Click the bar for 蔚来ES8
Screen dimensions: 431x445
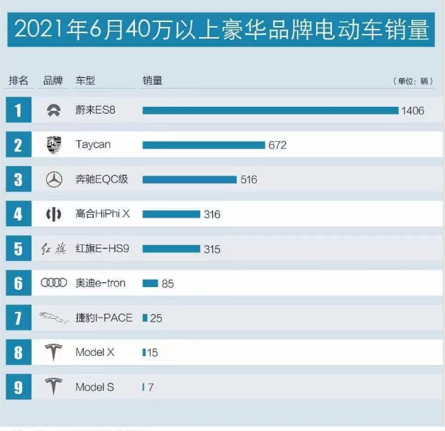(270, 110)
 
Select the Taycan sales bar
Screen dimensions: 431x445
(204, 145)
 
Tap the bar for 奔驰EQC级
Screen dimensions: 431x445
(189, 180)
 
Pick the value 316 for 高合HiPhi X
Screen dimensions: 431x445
(212, 215)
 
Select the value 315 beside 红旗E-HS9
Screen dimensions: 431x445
(212, 249)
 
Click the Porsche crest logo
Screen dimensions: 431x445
(53, 145)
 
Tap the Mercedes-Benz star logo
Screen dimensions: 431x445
(53, 180)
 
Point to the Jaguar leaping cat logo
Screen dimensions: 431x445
(54, 318)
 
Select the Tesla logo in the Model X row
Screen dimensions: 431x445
(53, 353)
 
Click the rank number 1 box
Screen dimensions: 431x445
(19, 110)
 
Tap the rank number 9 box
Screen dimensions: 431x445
(19, 387)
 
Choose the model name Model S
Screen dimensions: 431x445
(94, 387)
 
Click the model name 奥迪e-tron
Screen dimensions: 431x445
(101, 284)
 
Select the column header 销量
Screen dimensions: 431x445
(152, 81)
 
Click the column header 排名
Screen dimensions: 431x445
(19, 81)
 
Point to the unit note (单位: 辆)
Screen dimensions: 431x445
(413, 81)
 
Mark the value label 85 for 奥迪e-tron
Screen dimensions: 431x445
(167, 284)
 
